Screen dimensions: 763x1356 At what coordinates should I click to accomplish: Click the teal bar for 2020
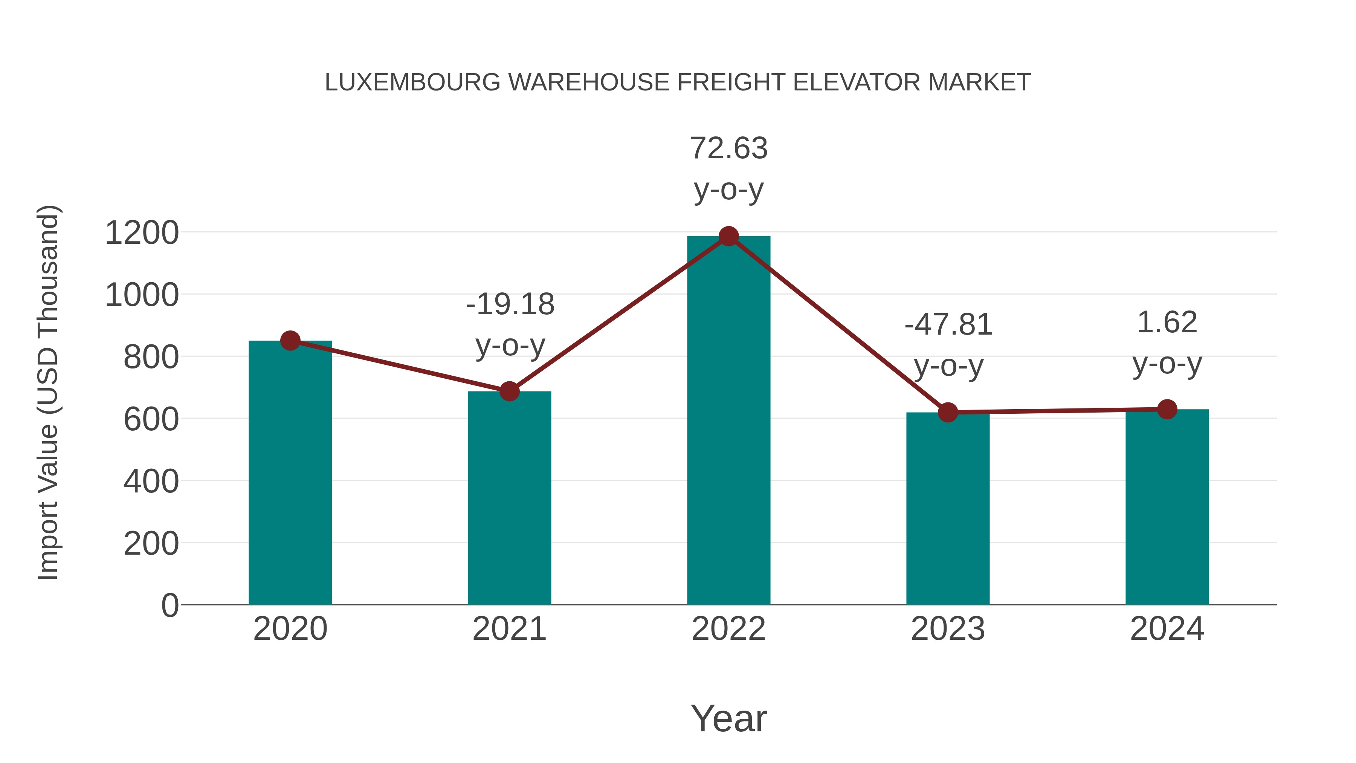[x=290, y=474]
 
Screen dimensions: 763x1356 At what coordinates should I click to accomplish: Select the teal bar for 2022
[x=728, y=421]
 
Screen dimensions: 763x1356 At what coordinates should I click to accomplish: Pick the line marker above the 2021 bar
[x=509, y=391]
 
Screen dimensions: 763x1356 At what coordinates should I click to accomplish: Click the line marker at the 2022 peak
[x=728, y=236]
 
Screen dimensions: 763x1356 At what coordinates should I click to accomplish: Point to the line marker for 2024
[x=1167, y=409]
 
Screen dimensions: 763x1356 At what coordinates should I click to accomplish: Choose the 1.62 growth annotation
[x=1167, y=342]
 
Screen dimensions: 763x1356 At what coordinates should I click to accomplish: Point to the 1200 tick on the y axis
[x=142, y=233]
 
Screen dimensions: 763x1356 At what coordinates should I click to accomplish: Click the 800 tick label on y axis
[x=151, y=358]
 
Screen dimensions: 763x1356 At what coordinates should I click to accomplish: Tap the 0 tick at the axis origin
[x=169, y=606]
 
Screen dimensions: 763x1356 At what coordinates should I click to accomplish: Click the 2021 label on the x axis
[x=509, y=629]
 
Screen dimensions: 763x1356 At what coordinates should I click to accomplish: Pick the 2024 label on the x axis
[x=1167, y=629]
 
